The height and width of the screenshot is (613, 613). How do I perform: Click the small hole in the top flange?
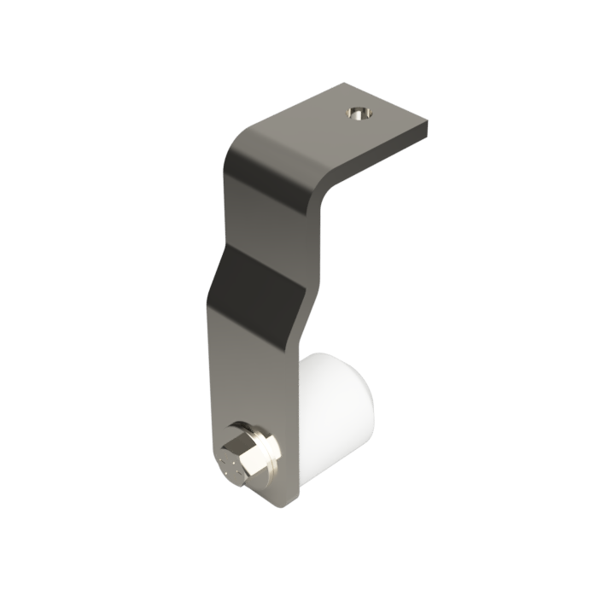tap(357, 113)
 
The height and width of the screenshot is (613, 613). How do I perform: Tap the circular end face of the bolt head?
tap(231, 465)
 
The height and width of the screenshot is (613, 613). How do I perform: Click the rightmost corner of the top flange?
tap(428, 128)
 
